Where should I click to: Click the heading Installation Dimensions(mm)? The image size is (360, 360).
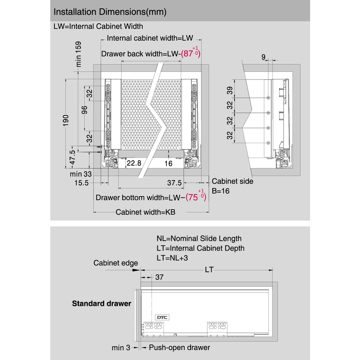[110, 12]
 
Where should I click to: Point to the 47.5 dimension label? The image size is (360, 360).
[72, 157]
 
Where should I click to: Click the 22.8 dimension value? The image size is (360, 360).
[134, 163]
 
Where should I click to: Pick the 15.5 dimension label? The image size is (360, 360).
[82, 183]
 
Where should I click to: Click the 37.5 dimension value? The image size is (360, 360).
[174, 183]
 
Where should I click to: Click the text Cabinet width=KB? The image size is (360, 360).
[146, 212]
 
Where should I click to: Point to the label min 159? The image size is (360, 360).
[79, 54]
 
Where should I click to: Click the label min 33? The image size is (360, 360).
[81, 174]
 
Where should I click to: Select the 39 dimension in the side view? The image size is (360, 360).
[230, 90]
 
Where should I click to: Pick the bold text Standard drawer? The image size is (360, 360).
[102, 303]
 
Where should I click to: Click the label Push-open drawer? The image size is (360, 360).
[179, 348]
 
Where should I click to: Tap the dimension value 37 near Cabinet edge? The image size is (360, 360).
[159, 277]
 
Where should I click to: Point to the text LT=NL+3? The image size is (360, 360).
[172, 258]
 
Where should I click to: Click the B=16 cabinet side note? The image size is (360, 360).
[221, 191]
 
